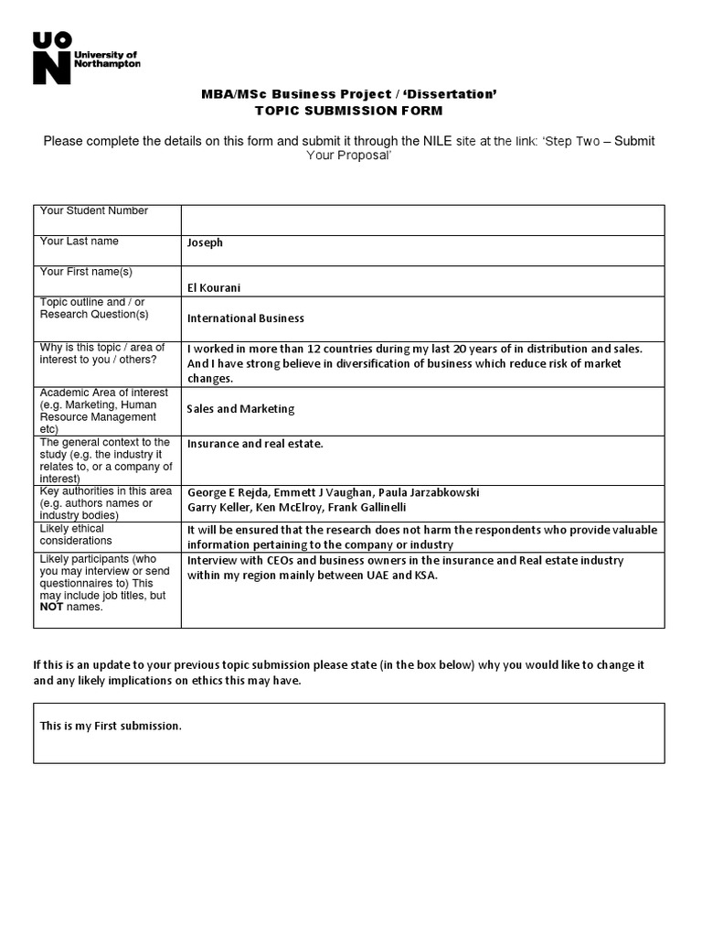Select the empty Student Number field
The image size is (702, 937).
point(422,220)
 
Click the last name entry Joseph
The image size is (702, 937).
point(205,242)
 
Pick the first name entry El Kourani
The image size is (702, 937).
point(215,287)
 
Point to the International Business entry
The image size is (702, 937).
point(245,318)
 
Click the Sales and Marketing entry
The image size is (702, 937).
point(240,409)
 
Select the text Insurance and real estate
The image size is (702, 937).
point(255,444)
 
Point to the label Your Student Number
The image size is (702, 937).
point(93,210)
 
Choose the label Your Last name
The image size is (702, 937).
point(79,241)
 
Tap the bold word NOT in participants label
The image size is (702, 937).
point(51,607)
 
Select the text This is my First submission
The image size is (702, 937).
point(111,726)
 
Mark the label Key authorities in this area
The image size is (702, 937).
point(105,491)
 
